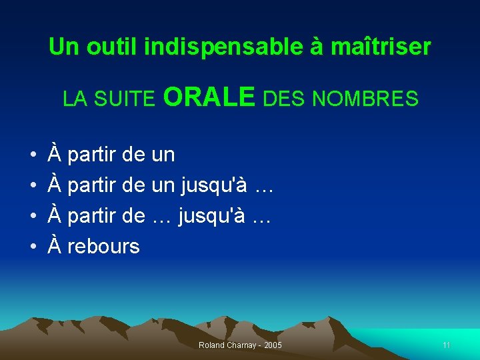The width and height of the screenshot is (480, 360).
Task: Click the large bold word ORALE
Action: point(209,97)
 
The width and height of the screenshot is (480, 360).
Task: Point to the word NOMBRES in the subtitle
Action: point(365,99)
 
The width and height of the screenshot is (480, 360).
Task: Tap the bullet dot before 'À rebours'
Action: point(33,247)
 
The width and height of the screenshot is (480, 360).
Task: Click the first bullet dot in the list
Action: point(33,155)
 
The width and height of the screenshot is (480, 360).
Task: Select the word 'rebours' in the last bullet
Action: point(103,247)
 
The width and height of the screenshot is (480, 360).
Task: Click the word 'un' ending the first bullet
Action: point(163,155)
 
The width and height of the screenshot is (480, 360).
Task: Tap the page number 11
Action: point(446,345)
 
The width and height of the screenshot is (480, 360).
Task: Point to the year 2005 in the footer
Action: point(273,345)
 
